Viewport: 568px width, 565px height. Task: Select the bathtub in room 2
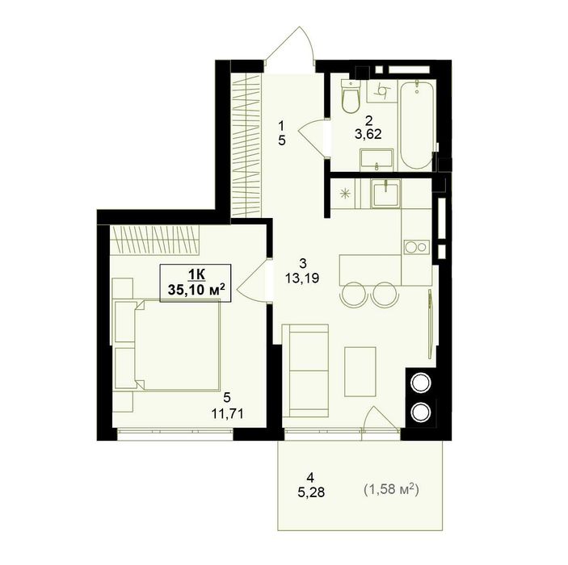pos(417,124)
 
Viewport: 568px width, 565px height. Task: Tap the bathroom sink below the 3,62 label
pos(377,159)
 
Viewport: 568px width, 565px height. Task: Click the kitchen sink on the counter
pos(385,193)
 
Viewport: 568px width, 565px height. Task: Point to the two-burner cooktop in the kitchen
pos(415,247)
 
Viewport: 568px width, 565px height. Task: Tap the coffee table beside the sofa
pos(360,371)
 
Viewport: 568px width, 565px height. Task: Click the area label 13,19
pos(301,278)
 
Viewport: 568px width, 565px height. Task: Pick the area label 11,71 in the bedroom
pos(227,413)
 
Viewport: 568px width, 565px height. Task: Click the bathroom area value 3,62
pos(368,135)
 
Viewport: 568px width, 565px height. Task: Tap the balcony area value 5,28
pos(311,492)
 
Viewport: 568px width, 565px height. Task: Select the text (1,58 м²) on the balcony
pos(391,490)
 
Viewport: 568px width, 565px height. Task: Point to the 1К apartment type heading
pos(196,274)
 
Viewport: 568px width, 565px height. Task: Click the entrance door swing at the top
pos(289,46)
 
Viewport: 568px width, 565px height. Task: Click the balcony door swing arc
pos(381,419)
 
